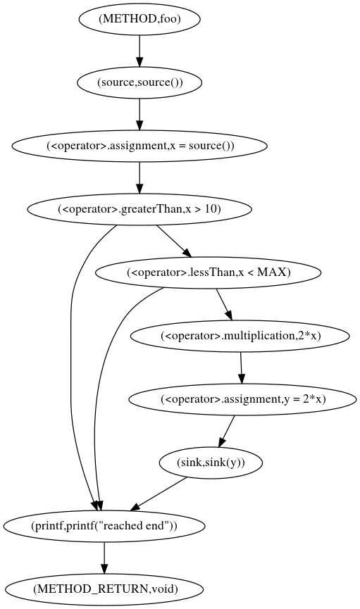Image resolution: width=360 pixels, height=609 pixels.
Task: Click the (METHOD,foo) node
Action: click(x=139, y=19)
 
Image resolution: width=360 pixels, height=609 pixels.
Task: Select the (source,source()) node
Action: click(x=139, y=82)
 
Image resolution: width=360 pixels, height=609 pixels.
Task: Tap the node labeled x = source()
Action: click(x=139, y=146)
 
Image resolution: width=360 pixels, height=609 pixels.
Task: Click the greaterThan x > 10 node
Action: click(x=139, y=209)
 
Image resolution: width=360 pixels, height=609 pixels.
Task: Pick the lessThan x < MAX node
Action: click(x=209, y=272)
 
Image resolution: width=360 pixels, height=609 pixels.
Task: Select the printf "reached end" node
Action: click(x=104, y=526)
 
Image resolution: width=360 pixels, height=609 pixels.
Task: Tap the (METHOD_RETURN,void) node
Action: click(x=104, y=589)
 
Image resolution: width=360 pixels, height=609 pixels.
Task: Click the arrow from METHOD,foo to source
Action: click(x=139, y=50)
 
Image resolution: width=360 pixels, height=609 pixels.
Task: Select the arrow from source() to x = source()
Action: click(x=139, y=113)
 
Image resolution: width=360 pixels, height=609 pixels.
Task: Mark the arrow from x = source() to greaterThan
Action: click(x=139, y=177)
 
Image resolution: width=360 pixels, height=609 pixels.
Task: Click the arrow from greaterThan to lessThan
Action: click(x=173, y=241)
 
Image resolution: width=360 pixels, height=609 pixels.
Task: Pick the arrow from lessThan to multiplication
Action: click(x=225, y=304)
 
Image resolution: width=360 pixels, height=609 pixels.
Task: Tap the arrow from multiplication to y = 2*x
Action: click(x=242, y=368)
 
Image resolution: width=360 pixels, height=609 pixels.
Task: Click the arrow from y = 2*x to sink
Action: click(x=227, y=431)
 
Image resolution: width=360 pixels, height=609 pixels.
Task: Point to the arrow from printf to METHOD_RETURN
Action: click(x=104, y=557)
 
